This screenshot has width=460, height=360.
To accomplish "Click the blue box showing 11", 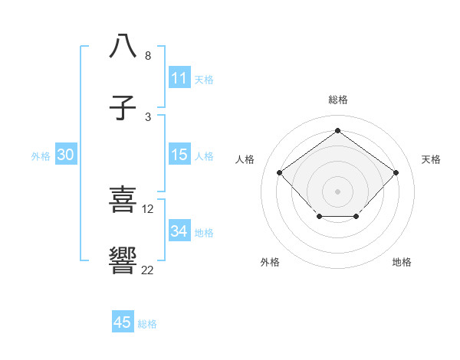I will tap(179, 78).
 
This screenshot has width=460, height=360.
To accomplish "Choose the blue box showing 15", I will tap(179, 155).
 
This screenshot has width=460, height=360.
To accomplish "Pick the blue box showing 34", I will tap(179, 231).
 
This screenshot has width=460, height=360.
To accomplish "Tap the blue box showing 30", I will tap(66, 155).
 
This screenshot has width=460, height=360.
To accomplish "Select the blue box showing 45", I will tap(123, 322).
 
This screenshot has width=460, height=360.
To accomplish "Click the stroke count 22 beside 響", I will tap(147, 270).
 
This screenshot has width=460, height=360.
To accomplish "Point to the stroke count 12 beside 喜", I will tap(148, 208).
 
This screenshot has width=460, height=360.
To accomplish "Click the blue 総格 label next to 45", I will tap(147, 324).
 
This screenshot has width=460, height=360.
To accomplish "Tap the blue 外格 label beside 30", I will tap(41, 156).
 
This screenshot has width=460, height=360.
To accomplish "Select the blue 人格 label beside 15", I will tap(204, 156).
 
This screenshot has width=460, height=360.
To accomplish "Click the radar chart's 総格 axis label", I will tap(337, 100).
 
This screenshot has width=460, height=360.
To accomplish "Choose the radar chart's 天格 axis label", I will tap(431, 159).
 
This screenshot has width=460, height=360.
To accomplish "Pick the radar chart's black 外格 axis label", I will tap(270, 263).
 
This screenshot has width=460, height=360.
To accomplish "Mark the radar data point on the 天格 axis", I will tap(396, 172).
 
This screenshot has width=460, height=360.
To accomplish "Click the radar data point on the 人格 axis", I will tap(279, 172).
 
